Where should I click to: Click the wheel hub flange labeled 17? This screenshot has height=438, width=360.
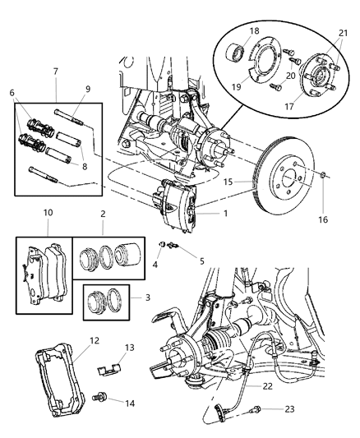click(x=317, y=69)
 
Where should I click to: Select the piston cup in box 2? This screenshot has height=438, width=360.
click(x=132, y=264)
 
